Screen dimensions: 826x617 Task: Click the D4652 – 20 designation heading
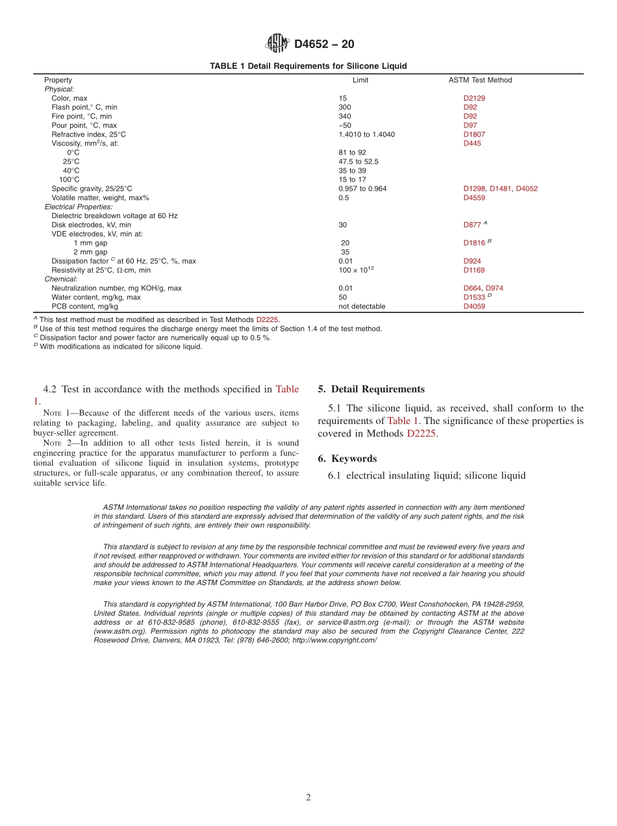point(324,45)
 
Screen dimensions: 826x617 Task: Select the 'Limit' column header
point(360,81)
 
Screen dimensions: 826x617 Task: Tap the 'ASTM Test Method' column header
point(480,81)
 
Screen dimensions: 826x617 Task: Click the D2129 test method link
point(474,98)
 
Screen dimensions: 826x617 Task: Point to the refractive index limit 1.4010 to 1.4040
point(366,134)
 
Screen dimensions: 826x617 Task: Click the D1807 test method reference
point(474,134)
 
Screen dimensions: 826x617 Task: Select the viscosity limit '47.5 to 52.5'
point(358,162)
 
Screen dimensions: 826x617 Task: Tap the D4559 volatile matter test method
point(474,197)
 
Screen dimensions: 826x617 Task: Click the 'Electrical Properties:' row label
point(78,206)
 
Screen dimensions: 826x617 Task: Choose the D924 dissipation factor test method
point(472,261)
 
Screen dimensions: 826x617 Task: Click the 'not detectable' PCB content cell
point(361,307)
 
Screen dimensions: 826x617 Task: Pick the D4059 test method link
point(474,307)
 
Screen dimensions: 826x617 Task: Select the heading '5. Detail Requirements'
point(371,390)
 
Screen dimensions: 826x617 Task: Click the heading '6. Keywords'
point(347,459)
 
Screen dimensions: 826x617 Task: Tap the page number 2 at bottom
point(308,798)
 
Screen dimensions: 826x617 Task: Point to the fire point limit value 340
point(344,116)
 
